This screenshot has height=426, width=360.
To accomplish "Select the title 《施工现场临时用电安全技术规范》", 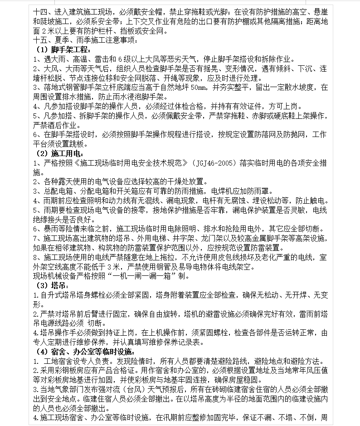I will [122, 163].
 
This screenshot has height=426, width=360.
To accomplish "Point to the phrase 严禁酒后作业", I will [54, 125].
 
